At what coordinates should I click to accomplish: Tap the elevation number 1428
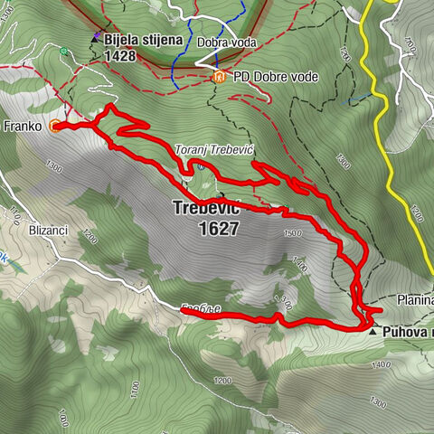120,56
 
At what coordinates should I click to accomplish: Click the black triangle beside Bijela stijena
94,39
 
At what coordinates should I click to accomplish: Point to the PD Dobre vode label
275,78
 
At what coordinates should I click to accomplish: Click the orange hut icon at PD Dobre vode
219,77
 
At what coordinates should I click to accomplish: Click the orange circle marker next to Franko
56,127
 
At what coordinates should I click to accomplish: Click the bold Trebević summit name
206,209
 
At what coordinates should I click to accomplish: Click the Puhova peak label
407,332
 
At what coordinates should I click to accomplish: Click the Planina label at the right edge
415,299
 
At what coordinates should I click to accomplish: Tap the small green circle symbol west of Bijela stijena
64,52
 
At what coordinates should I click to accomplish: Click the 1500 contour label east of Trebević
290,233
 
